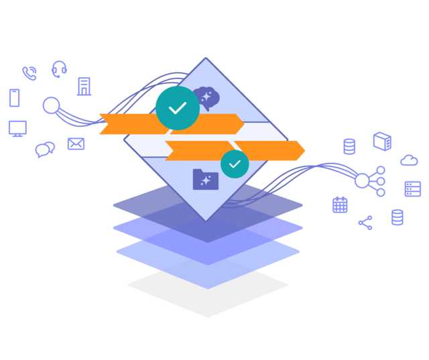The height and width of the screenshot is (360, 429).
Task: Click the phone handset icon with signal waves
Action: [x=29, y=73]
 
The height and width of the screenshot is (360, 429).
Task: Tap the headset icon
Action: [x=59, y=69]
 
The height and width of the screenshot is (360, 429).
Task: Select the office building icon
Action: [x=84, y=86]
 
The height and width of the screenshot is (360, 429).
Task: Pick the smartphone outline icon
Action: [x=14, y=98]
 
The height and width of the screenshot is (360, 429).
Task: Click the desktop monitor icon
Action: [x=17, y=129]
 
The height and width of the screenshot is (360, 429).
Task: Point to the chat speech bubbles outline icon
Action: [x=45, y=149]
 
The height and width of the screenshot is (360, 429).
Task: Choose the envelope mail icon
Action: [x=76, y=143]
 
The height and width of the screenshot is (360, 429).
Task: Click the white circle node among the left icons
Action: [x=51, y=106]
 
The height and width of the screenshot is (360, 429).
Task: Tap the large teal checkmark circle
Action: [x=177, y=108]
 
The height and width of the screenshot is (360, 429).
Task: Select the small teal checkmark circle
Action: [x=235, y=164]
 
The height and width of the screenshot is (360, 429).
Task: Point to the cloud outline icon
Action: [x=409, y=160]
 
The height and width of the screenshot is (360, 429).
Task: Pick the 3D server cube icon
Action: [x=381, y=141]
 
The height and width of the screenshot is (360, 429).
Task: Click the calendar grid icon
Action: [x=340, y=205]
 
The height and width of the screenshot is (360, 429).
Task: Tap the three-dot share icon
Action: [x=365, y=223]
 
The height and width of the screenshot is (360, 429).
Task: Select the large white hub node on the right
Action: [x=362, y=180]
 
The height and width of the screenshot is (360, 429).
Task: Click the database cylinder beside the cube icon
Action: [x=349, y=147]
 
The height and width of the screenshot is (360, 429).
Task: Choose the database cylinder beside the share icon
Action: [x=397, y=217]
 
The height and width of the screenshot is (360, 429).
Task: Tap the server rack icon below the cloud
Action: [x=412, y=189]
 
